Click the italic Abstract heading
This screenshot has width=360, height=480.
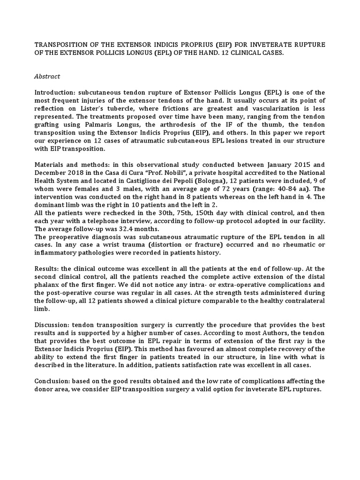47,76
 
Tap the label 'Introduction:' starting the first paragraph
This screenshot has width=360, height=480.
54,92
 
